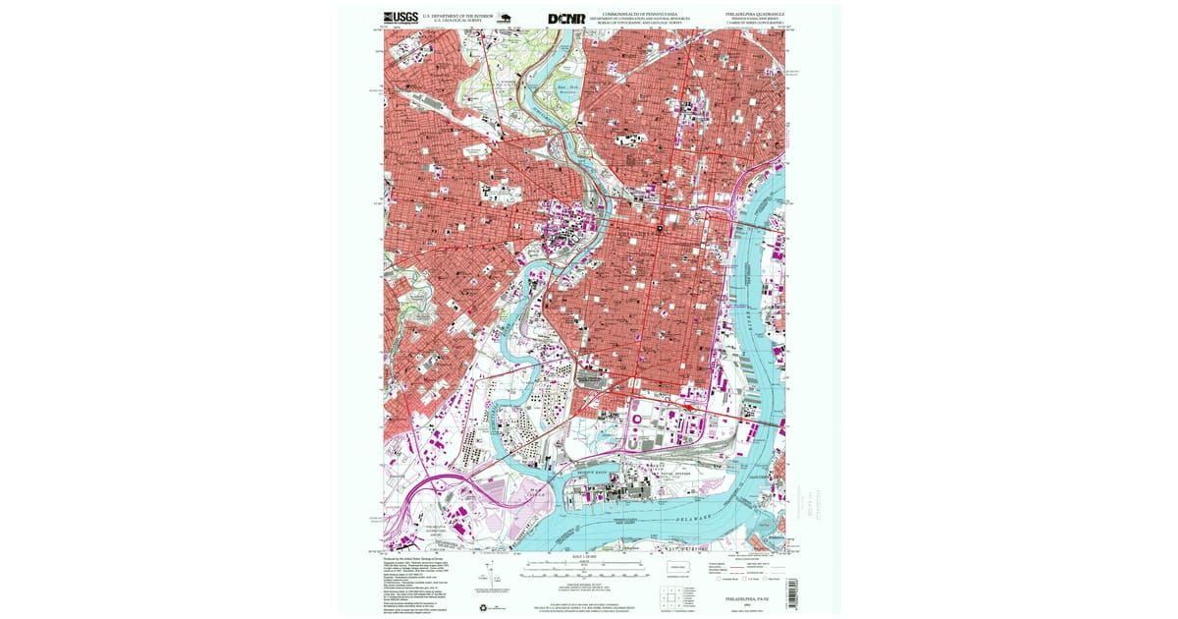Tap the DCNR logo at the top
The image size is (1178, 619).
point(566,18)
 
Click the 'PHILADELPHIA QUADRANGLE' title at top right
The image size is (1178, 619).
point(755,14)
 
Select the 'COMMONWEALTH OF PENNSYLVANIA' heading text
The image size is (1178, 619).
point(640,14)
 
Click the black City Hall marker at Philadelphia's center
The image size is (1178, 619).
point(661,229)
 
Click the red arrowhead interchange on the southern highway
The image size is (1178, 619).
point(686,402)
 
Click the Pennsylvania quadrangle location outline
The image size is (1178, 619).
point(678,570)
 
